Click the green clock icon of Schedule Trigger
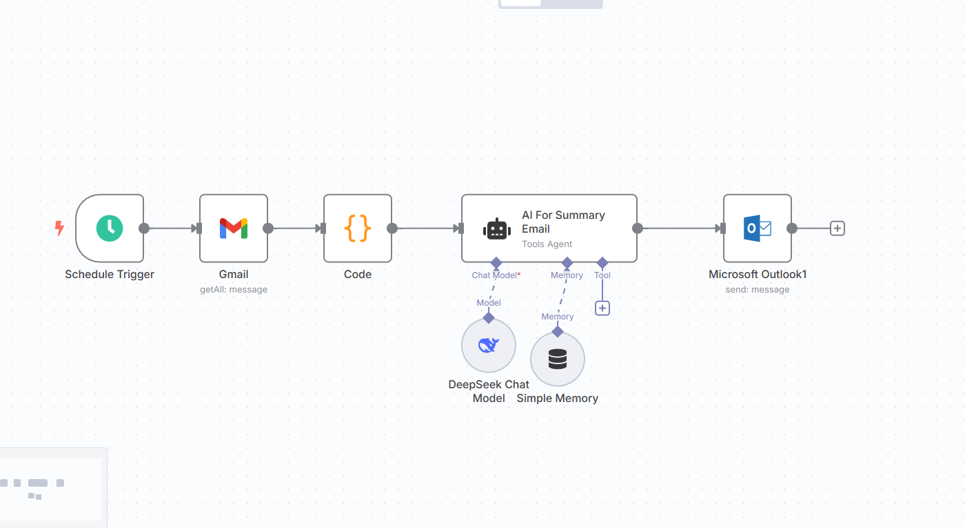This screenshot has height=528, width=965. point(110,228)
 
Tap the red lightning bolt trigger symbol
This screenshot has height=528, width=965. point(59,228)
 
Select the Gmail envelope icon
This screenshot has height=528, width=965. point(234,228)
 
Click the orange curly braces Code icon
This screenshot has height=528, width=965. point(358,228)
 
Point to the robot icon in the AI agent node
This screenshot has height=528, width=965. point(497,229)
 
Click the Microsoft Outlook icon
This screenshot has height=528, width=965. point(757,228)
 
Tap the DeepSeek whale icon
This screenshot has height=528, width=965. point(488,345)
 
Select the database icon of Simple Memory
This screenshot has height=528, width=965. point(558,359)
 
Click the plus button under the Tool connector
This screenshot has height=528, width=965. point(602,308)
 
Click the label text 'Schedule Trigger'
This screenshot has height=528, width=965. point(110,274)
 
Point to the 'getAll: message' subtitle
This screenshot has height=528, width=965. point(234,290)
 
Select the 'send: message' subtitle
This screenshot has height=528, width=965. point(757,290)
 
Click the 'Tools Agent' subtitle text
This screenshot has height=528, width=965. point(547,244)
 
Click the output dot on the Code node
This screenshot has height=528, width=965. point(392,229)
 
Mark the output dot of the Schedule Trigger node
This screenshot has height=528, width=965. point(144,229)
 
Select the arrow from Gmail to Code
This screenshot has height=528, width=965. point(296,229)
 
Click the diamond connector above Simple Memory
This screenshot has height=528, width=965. point(558,332)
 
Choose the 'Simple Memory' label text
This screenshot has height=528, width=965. point(557,398)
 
